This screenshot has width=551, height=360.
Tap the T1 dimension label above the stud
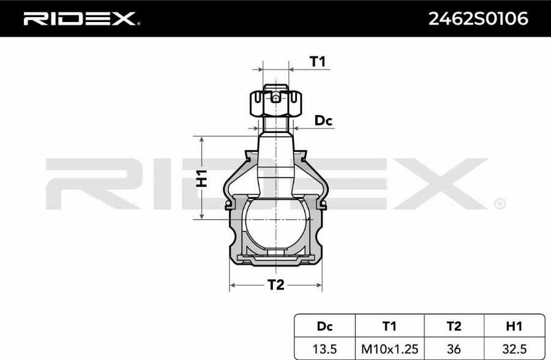click(x=317, y=61)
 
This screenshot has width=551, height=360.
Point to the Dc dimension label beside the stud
click(x=323, y=121)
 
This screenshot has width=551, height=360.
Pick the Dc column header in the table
click(x=325, y=326)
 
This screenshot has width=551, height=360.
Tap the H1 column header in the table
click(x=514, y=326)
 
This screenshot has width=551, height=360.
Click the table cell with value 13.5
click(x=325, y=348)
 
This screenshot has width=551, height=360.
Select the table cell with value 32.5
click(x=514, y=348)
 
